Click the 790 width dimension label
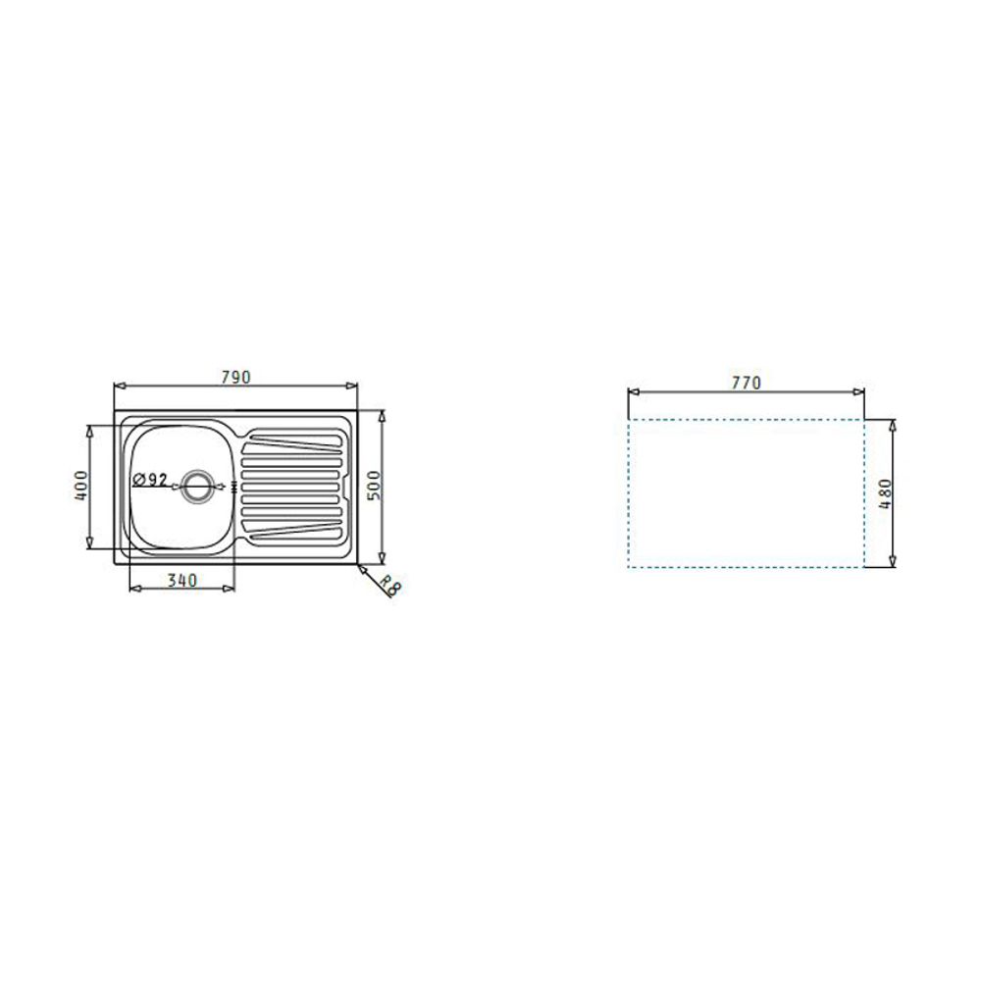(x=235, y=378)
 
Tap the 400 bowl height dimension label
(x=81, y=486)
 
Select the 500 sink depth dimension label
(x=374, y=486)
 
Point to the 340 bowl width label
(x=182, y=581)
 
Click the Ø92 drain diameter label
(x=150, y=480)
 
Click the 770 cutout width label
(x=747, y=383)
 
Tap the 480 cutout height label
(x=885, y=493)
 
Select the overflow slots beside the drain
(x=234, y=487)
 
